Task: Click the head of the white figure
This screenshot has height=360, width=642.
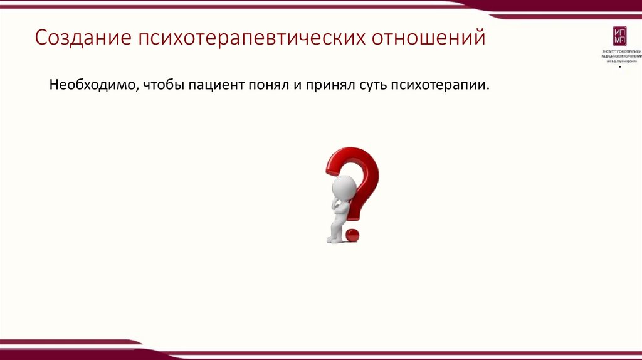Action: pyautogui.click(x=343, y=186)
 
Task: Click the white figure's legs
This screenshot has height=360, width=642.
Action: pyautogui.click(x=334, y=229)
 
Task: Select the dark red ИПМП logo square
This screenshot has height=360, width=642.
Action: pyautogui.click(x=619, y=37)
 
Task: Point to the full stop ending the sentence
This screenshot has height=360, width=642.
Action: pyautogui.click(x=488, y=88)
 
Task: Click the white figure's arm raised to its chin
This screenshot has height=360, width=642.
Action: pyautogui.click(x=339, y=203)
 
